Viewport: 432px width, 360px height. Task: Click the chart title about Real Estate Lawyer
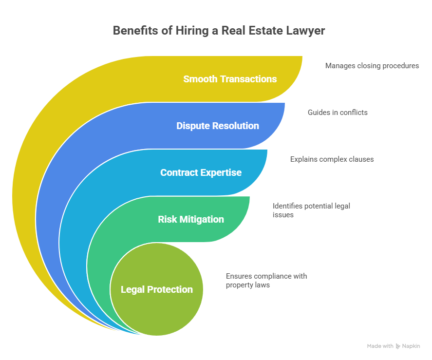tap(219, 31)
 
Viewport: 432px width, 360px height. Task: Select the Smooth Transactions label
tap(230, 79)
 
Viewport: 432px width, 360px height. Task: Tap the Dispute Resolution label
tap(217, 126)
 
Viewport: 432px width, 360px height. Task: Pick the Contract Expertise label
tap(201, 172)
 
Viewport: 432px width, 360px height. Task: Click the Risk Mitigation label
tap(191, 219)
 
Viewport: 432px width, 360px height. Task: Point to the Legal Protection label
tap(157, 289)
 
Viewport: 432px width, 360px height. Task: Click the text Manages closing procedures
tap(372, 65)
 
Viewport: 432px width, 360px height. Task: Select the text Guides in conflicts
tap(338, 112)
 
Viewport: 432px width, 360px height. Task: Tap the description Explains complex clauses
tap(332, 159)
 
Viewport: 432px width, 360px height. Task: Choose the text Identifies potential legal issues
tap(311, 210)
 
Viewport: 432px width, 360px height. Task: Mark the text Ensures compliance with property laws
tap(266, 280)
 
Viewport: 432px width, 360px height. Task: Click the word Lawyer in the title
tap(306, 31)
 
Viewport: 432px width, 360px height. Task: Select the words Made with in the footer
tap(380, 346)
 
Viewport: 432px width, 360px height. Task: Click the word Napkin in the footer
tap(411, 346)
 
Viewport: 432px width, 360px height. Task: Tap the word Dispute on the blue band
tap(193, 126)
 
